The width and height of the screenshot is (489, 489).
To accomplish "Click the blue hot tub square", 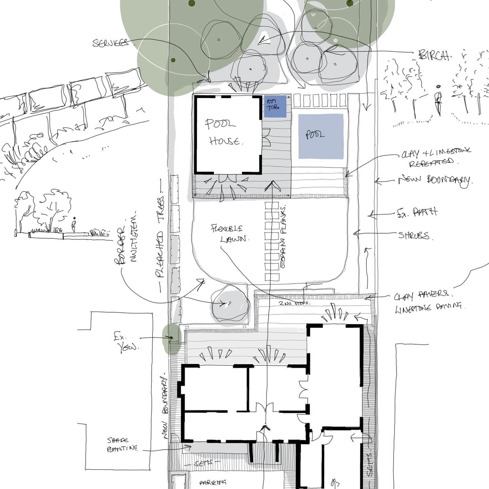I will click(275, 107).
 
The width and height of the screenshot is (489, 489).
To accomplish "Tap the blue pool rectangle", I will click(321, 136).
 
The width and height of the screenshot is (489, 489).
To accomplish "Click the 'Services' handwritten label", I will click(111, 43).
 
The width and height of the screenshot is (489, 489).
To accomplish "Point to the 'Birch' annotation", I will click(434, 55).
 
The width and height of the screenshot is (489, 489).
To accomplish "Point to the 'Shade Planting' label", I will click(122, 445).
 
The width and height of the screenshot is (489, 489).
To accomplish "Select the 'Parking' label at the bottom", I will click(213, 482).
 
